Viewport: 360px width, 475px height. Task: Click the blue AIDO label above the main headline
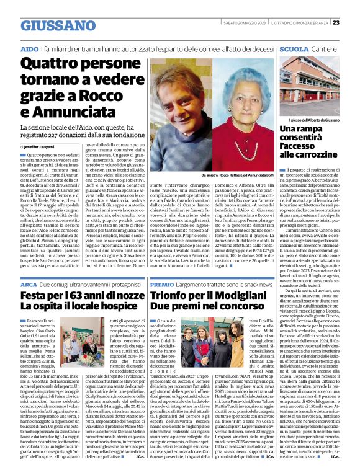tap(29, 48)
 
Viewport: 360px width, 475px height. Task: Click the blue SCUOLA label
tap(294, 48)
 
